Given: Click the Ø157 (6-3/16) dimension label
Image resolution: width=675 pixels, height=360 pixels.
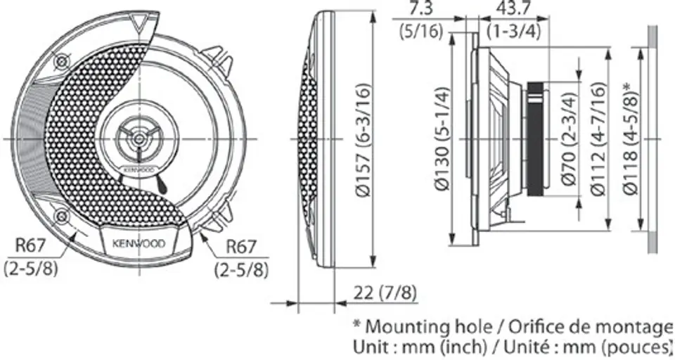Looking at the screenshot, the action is click(x=364, y=140).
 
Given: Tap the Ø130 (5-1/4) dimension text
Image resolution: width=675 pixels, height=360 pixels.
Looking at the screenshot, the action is click(x=442, y=139).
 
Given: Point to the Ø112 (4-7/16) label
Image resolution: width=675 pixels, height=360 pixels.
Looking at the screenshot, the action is click(x=599, y=139).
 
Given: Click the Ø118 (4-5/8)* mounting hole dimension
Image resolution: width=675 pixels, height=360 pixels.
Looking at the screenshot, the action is click(x=631, y=139).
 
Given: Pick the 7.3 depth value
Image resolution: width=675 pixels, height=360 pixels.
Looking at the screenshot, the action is click(x=421, y=8).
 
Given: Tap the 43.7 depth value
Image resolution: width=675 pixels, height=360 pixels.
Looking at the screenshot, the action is click(x=513, y=8).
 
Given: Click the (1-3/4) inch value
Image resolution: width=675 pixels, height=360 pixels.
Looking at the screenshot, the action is click(x=513, y=32).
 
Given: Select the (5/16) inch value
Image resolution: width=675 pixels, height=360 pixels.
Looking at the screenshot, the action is click(x=421, y=32).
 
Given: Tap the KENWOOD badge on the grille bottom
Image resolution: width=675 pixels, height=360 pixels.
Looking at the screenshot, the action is click(x=139, y=243).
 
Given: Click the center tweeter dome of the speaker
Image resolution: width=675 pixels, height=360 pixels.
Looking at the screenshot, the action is click(x=139, y=139).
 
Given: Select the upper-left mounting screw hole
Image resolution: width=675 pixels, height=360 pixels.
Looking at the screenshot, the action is click(x=62, y=62).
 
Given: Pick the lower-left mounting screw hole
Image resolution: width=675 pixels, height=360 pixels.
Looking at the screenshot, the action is click(x=62, y=216).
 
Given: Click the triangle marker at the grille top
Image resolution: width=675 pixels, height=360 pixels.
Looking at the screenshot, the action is click(x=139, y=22).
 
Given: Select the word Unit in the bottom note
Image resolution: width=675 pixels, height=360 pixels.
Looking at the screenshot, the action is click(x=370, y=346).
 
